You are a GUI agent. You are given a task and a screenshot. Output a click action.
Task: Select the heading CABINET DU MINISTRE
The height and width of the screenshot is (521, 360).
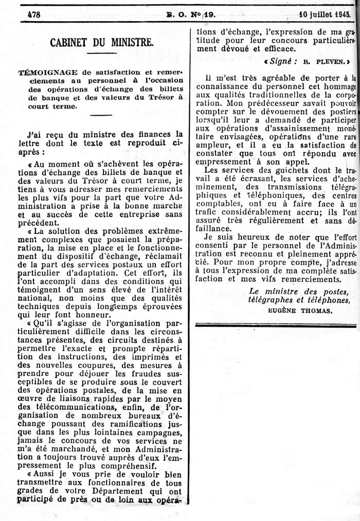(x=102, y=43)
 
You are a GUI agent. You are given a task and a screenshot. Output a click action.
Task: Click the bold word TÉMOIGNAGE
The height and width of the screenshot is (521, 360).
(x=45, y=74)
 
